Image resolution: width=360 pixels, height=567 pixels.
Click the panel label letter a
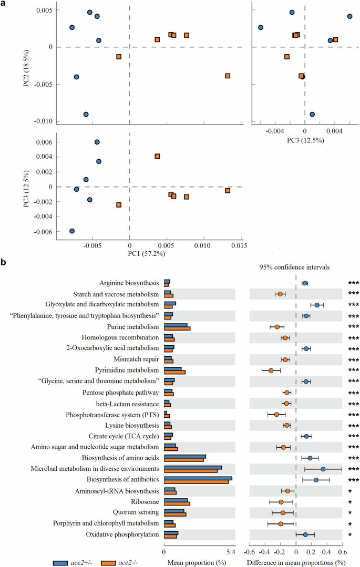pyautogui.click(x=4, y=4)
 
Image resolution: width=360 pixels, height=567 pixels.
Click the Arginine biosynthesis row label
pyautogui.click(x=129, y=283)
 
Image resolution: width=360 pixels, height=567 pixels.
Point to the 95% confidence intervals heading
pyautogui.click(x=294, y=267)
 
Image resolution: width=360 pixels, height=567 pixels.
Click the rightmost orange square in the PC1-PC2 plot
pyautogui.click(x=228, y=76)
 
